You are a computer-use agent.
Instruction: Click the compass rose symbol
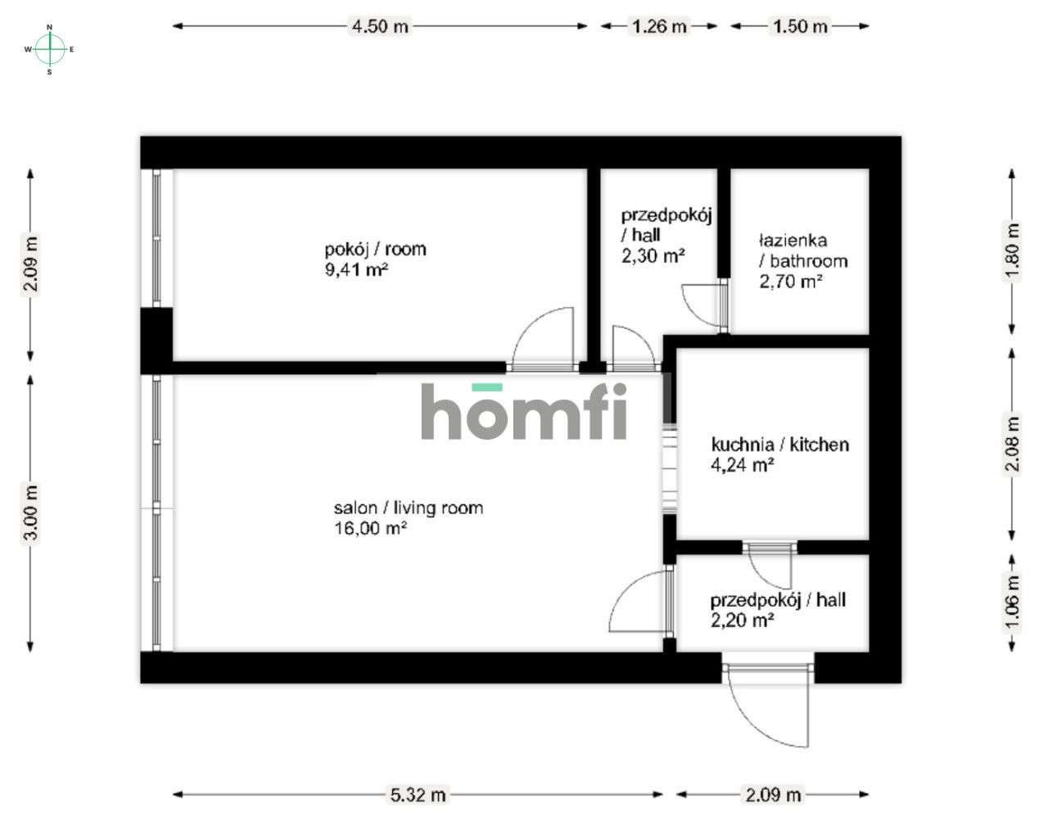click(x=50, y=49)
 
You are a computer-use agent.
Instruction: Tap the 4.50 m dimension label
click(x=379, y=26)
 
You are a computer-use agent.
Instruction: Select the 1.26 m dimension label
click(x=658, y=26)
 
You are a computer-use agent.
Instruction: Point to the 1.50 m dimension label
click(x=799, y=26)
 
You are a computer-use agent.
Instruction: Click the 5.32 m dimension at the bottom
click(x=418, y=794)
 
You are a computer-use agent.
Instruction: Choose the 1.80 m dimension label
click(x=1013, y=251)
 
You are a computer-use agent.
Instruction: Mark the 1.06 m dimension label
click(x=1013, y=604)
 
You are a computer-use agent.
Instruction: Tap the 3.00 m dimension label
click(x=31, y=513)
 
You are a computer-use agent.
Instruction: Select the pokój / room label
click(x=375, y=249)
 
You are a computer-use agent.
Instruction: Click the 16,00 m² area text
click(x=371, y=529)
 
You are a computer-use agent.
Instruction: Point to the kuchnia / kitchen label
click(x=779, y=445)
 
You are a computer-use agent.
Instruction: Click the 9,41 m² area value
click(x=356, y=269)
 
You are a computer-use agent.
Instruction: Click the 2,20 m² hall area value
click(x=743, y=621)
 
